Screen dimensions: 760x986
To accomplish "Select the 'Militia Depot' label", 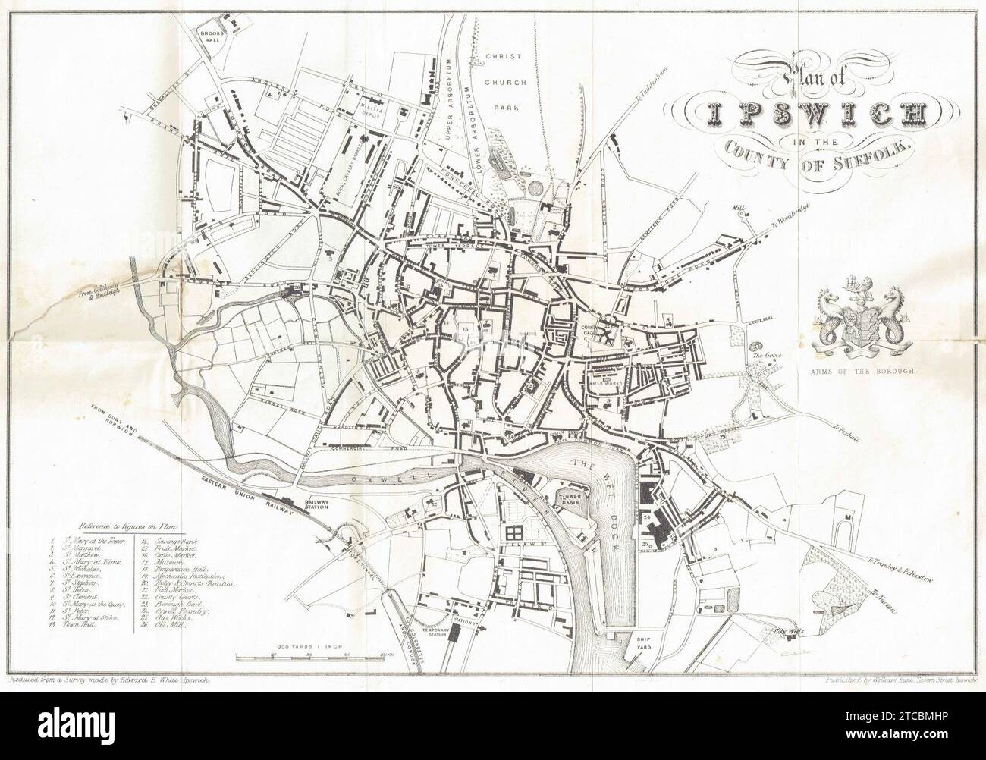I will (x=372, y=106).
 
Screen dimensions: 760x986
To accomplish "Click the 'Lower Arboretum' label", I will (x=476, y=125).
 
